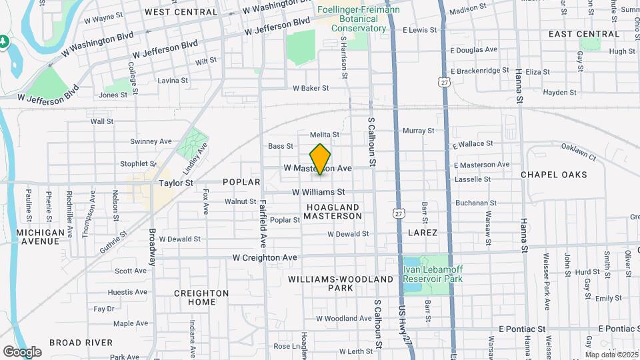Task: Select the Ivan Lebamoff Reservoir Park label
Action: pos(432,273)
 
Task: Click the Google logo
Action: pos(21,351)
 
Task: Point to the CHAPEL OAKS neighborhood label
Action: pos(553,175)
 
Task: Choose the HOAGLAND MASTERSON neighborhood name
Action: pos(333,212)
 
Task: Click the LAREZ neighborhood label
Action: pos(423,233)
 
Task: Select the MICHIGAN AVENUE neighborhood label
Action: pos(41,237)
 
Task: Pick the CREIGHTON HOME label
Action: pos(201,297)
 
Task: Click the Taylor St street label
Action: pos(175,182)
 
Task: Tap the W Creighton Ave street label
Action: pos(264,257)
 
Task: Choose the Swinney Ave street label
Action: pos(151,141)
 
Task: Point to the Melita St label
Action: pos(325,135)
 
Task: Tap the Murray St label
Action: pos(418,131)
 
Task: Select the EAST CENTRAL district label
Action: pos(574,34)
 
